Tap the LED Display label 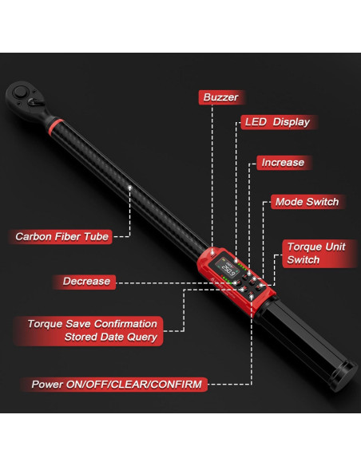coord(275,122)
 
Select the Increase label coord(282,162)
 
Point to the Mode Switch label coord(306,202)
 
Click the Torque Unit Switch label coord(315,253)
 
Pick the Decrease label coord(86,281)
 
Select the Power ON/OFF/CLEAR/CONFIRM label coord(116,384)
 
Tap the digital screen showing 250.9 coord(220,270)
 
